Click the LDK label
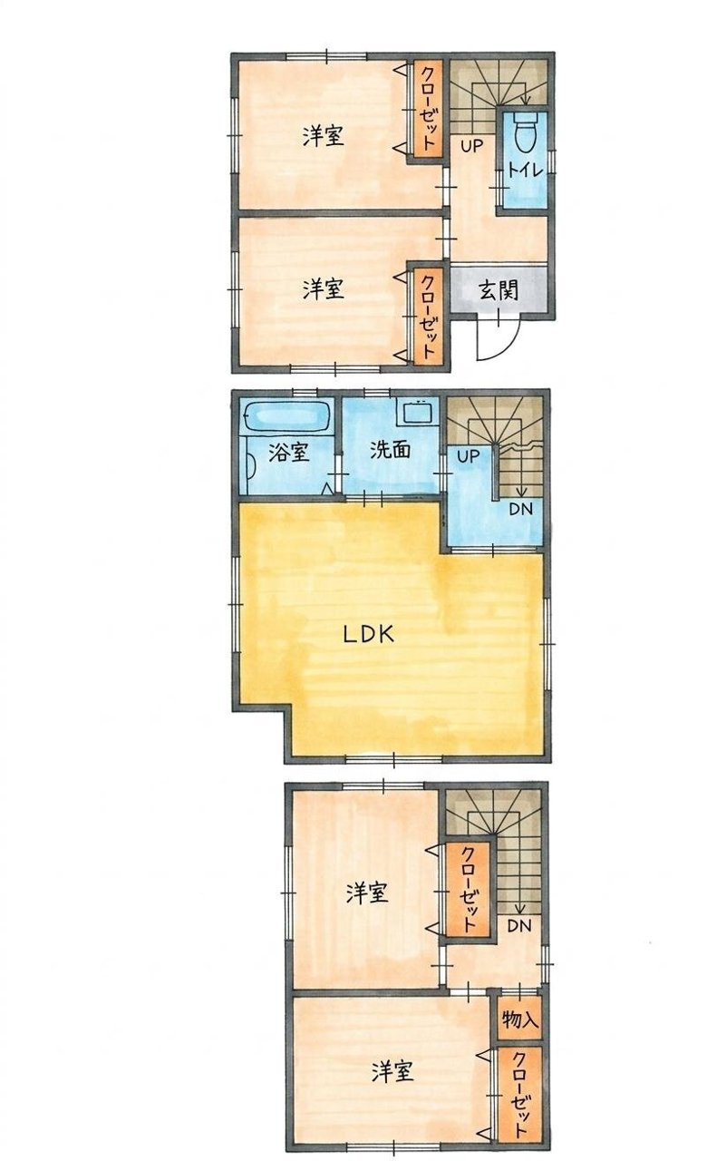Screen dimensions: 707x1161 click(x=369, y=634)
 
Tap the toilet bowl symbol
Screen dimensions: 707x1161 click(x=525, y=132)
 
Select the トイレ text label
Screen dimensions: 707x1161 click(x=525, y=171)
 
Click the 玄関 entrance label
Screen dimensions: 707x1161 click(x=499, y=291)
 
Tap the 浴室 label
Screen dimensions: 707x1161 click(x=289, y=453)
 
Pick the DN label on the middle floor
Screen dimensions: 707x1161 click(x=520, y=509)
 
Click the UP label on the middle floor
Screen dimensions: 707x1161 click(x=469, y=456)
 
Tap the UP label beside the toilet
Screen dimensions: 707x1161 click(x=472, y=147)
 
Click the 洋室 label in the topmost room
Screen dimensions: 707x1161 click(x=324, y=136)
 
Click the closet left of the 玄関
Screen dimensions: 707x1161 click(x=427, y=317)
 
